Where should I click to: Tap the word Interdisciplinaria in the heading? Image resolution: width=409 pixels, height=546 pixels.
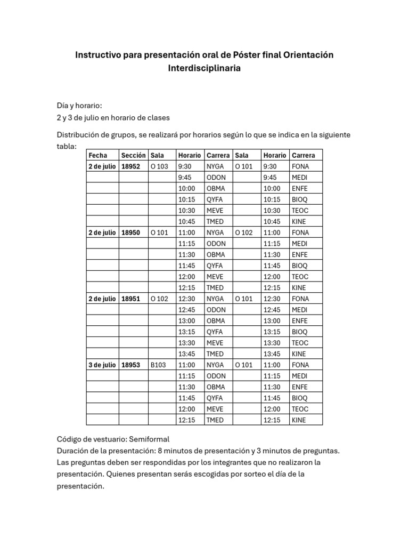click(x=204, y=68)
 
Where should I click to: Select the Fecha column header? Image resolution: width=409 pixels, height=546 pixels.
click(x=98, y=155)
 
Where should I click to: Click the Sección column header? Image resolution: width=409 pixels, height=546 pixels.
click(x=133, y=155)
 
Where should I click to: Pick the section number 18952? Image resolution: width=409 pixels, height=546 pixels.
click(x=131, y=166)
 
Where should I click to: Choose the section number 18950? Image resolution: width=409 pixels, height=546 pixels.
click(x=131, y=232)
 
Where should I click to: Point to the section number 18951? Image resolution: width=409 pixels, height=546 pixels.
click(x=131, y=299)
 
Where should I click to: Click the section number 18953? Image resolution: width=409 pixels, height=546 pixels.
click(x=131, y=365)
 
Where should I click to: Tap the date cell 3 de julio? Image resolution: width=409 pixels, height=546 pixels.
click(x=102, y=365)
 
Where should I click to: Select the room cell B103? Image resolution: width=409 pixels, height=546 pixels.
click(x=158, y=365)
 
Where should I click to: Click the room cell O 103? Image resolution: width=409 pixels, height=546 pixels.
click(x=159, y=166)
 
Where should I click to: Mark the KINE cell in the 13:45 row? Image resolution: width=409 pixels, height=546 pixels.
click(x=299, y=354)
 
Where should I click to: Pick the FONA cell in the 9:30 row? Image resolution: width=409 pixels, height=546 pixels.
click(x=300, y=166)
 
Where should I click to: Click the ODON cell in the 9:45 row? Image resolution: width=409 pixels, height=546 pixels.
click(x=216, y=177)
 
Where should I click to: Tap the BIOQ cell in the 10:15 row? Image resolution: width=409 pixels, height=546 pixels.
click(x=300, y=199)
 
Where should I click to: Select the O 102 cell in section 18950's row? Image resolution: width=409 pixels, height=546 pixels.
click(x=243, y=232)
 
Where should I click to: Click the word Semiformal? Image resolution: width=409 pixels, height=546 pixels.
click(x=145, y=439)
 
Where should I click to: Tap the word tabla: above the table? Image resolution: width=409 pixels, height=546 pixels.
click(x=67, y=146)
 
